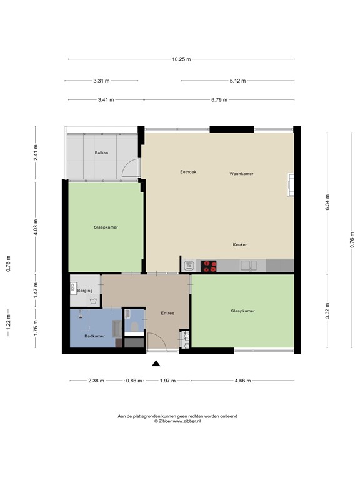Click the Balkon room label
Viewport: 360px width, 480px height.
pyautogui.click(x=101, y=152)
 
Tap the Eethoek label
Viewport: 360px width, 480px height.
pyautogui.click(x=188, y=172)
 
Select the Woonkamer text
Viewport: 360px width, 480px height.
pyautogui.click(x=241, y=174)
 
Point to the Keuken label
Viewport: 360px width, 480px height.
pyautogui.click(x=240, y=244)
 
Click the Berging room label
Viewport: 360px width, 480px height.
pyautogui.click(x=85, y=291)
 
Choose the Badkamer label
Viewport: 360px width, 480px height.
pyautogui.click(x=94, y=336)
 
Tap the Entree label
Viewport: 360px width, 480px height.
pyautogui.click(x=167, y=313)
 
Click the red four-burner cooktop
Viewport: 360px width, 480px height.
pyautogui.click(x=209, y=266)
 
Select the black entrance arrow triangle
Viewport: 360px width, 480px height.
pyautogui.click(x=156, y=363)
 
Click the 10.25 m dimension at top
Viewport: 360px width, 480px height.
pyautogui.click(x=181, y=59)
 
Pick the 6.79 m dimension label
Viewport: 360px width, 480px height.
pyautogui.click(x=219, y=99)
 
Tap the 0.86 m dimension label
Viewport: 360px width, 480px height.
pyautogui.click(x=134, y=381)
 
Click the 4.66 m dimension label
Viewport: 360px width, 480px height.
pyautogui.click(x=242, y=381)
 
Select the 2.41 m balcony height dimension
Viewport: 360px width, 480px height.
pyautogui.click(x=36, y=152)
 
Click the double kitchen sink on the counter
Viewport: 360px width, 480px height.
pyautogui.click(x=249, y=266)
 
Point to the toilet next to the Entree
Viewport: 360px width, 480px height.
pyautogui.click(x=134, y=327)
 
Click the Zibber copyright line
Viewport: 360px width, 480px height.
pyautogui.click(x=177, y=421)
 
